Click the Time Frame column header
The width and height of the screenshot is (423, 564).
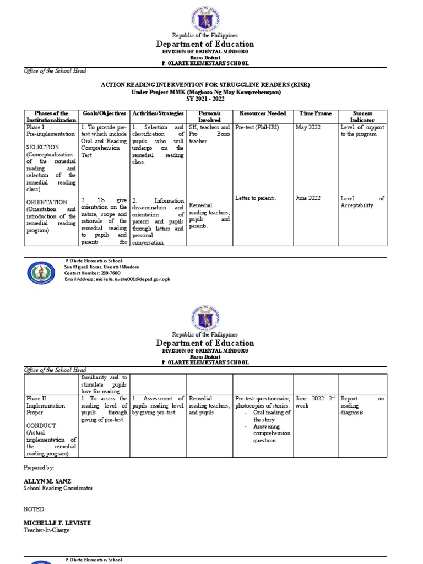(315, 113)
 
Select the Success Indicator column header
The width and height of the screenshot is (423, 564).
(362, 116)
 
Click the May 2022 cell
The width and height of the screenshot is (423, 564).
(308, 127)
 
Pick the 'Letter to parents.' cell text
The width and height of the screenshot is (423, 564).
(256, 198)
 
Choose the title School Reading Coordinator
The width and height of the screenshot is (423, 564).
(58, 488)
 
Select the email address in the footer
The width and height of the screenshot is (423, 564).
(117, 279)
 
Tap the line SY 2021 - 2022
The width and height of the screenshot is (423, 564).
(211, 99)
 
